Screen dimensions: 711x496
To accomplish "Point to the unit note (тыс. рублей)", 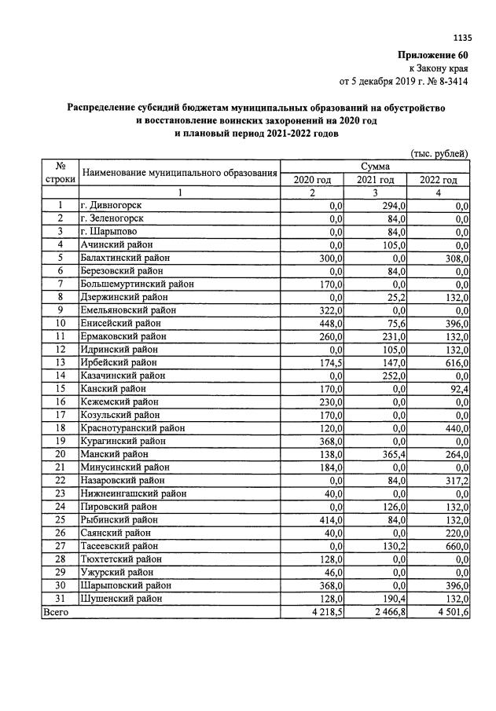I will (439, 153).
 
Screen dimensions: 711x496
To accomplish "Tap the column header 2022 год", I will (438, 180).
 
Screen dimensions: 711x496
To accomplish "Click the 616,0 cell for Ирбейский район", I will (455, 362).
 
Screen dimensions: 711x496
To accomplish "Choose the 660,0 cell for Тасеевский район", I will (455, 545).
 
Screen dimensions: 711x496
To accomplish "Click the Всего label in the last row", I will (56, 610).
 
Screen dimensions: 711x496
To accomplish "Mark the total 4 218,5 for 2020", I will (323, 610).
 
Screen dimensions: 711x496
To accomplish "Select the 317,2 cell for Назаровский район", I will (455, 480).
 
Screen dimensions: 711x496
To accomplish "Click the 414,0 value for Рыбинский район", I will (330, 519).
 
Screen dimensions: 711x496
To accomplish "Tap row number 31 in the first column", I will (60, 598).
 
